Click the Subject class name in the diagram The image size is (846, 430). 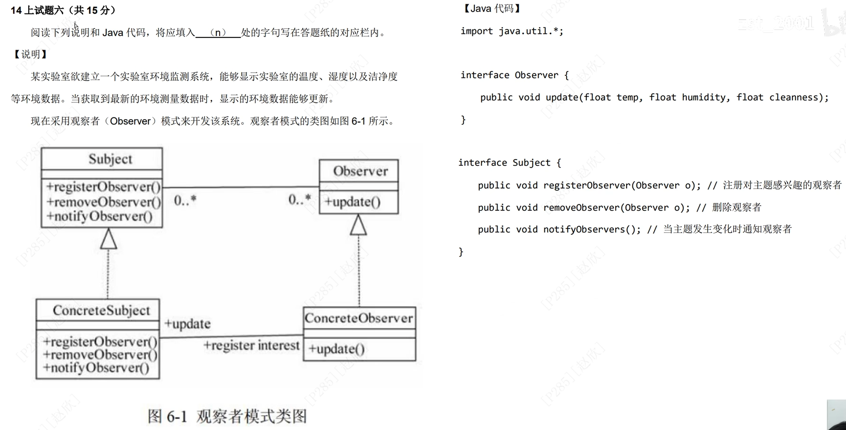[110, 159]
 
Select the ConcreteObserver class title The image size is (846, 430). [359, 318]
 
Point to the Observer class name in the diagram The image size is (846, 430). [360, 171]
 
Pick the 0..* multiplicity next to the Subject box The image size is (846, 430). [185, 200]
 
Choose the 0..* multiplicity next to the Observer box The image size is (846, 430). [299, 199]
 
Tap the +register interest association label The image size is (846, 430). [251, 345]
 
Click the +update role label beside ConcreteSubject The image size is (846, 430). [187, 324]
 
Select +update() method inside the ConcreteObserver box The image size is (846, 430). [337, 349]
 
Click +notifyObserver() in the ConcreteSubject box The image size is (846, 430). [96, 368]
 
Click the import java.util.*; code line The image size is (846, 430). [512, 31]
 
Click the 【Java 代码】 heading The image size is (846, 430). [491, 8]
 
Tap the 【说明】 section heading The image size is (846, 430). [31, 54]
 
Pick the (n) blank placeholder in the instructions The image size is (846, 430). [218, 33]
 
